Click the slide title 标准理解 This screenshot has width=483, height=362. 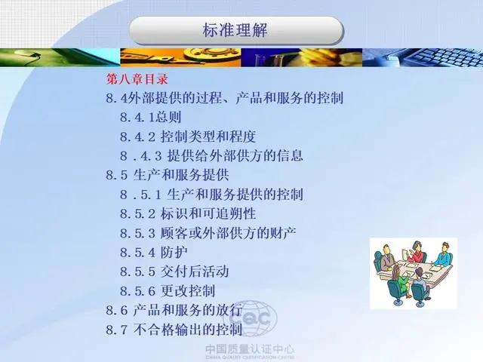235,30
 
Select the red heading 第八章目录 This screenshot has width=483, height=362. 137,79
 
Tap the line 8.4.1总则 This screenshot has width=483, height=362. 150,117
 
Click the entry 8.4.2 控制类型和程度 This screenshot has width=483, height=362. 188,137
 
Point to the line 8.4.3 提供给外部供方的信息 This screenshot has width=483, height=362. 211,156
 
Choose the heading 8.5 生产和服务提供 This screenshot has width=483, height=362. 168,175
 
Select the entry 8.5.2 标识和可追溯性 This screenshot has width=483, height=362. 188,213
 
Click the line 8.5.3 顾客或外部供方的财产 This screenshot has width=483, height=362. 208,233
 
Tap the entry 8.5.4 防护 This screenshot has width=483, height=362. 154,253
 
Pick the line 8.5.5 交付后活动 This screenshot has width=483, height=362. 174,271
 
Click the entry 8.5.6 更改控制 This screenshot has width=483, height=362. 168,291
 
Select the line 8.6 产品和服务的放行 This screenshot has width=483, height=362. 174,310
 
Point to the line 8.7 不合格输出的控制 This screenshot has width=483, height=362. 174,330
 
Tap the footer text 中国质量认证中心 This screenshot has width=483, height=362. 250,349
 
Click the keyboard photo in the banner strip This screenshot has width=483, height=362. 423,57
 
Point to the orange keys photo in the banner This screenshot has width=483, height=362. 180,57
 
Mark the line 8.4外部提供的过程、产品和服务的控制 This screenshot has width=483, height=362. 225,98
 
